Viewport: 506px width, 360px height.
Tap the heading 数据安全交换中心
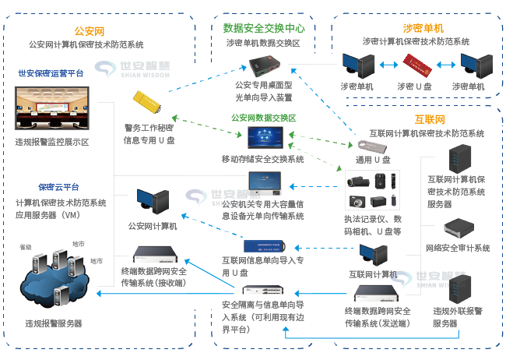(263, 28)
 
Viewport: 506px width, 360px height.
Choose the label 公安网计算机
(153, 226)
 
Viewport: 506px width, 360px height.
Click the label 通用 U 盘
(371, 159)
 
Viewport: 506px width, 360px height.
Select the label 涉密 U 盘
(416, 85)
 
